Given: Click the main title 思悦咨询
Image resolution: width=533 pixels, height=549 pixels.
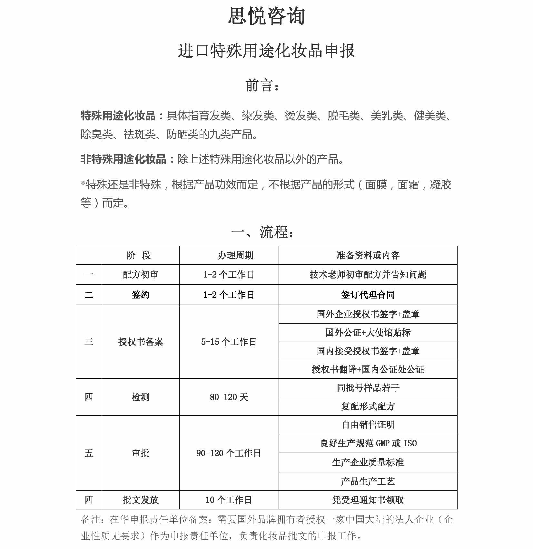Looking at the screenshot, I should [266, 16].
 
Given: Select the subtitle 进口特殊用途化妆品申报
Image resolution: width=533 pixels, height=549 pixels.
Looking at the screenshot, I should [266, 51].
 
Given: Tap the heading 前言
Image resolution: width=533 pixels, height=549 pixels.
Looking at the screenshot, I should [262, 86].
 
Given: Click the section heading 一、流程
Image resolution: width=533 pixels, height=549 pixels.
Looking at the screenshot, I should [262, 232].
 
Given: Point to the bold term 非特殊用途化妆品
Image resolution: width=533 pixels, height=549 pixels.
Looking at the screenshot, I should [123, 159].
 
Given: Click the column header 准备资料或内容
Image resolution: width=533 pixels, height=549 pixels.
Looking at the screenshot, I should [368, 255].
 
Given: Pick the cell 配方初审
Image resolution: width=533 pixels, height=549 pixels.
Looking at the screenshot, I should [141, 274].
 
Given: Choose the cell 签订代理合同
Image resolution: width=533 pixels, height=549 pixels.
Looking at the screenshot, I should [368, 295].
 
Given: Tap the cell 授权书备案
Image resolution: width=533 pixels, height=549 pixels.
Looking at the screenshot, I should [141, 342].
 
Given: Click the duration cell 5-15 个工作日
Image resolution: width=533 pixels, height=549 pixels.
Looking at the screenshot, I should [229, 342].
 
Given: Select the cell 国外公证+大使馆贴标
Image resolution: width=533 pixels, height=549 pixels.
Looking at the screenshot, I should [368, 333].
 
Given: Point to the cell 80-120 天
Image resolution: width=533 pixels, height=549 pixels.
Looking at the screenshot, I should [229, 397].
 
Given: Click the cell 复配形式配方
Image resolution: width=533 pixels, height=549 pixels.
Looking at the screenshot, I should [368, 406].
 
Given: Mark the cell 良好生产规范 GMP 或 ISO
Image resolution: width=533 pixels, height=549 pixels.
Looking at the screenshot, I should [368, 443].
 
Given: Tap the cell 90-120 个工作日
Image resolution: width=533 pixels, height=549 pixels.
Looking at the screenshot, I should [229, 453].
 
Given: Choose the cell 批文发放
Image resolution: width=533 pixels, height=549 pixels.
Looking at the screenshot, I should [141, 500].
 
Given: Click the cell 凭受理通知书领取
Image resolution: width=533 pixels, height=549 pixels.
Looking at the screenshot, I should [368, 500].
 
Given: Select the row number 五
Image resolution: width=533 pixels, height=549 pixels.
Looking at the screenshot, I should [89, 453].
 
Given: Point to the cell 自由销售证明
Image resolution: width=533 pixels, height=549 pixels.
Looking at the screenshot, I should [368, 425].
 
